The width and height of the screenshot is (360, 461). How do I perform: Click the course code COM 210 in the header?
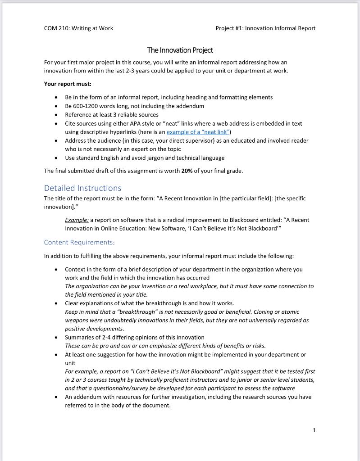57,28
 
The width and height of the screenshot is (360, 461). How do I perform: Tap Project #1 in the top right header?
229,28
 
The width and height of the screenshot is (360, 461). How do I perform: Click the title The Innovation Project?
180,50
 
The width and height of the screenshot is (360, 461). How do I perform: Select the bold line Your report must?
68,84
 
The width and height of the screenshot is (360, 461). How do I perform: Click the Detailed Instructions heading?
82,188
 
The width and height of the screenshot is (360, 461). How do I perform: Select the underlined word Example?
77,220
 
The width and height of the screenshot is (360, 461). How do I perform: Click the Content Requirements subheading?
78,242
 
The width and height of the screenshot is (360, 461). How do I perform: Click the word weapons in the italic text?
77,320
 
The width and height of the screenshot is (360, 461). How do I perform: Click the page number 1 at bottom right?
314,430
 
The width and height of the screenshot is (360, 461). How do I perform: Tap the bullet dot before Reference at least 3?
56,115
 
